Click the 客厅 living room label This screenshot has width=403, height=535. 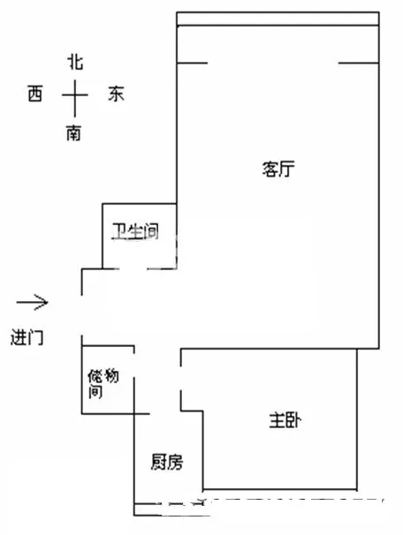click(x=278, y=169)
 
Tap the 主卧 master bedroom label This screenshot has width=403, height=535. click(x=285, y=420)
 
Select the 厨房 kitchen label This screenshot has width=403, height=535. click(x=167, y=462)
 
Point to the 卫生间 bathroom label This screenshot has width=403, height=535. click(x=136, y=231)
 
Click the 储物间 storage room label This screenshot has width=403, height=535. click(x=103, y=383)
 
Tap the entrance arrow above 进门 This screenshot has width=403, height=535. click(x=33, y=302)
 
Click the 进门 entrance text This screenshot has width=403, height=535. click(x=27, y=337)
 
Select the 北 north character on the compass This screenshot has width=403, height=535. click(x=75, y=62)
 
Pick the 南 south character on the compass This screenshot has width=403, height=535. click(x=73, y=133)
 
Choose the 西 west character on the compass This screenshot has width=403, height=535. click(x=35, y=94)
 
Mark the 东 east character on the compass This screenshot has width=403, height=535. click(x=116, y=94)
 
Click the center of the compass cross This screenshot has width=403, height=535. click(x=75, y=94)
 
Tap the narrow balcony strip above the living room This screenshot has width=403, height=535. click(x=278, y=19)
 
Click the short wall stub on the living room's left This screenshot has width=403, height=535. click(x=193, y=63)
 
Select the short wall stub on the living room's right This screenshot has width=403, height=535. click(x=359, y=63)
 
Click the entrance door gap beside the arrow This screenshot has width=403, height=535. click(x=81, y=315)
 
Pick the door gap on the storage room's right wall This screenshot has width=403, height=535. click(x=133, y=365)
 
